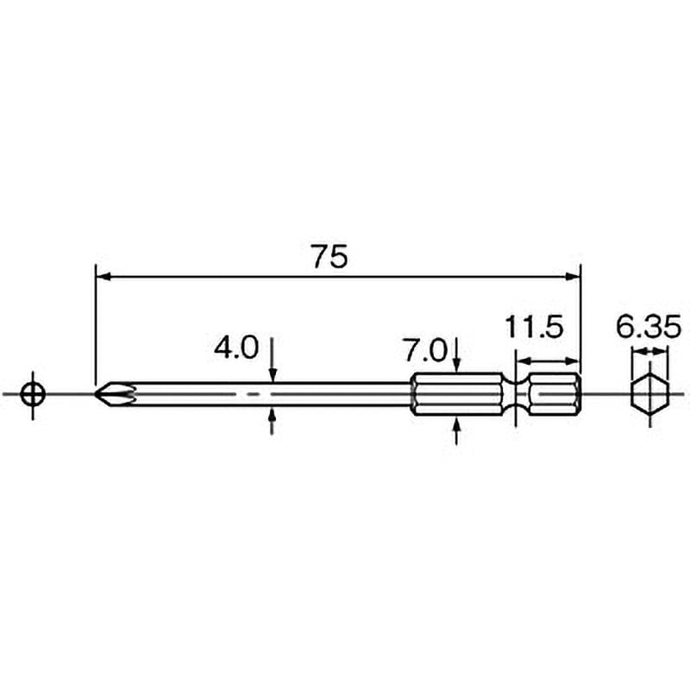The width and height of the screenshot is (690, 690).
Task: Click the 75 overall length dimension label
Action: pyautogui.click(x=330, y=256)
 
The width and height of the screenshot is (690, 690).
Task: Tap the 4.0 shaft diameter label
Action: pyautogui.click(x=235, y=348)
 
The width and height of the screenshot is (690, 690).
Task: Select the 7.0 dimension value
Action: pyautogui.click(x=424, y=351)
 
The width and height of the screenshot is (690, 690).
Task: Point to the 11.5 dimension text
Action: pyautogui.click(x=533, y=327)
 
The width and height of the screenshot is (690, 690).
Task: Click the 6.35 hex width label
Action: pyautogui.click(x=649, y=327)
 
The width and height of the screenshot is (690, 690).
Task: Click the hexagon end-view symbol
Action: pyautogui.click(x=650, y=394)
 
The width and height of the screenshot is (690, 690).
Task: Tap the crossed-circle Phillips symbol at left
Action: pyautogui.click(x=33, y=394)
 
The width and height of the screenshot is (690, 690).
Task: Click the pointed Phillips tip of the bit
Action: pyautogui.click(x=96, y=394)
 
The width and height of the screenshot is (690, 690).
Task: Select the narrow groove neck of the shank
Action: pyautogui.click(x=515, y=394)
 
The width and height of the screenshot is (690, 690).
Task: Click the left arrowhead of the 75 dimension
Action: pyautogui.click(x=102, y=277)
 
